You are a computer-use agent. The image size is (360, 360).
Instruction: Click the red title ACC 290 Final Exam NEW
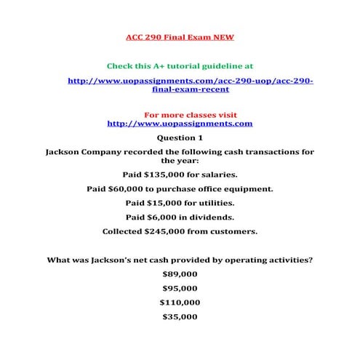click(x=180, y=36)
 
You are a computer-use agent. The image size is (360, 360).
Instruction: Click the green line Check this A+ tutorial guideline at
click(x=180, y=65)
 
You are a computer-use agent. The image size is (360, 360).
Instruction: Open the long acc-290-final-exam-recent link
click(x=191, y=84)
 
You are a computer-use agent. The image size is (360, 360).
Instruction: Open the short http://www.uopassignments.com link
click(x=180, y=124)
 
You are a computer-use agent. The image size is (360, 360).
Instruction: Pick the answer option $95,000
click(x=180, y=289)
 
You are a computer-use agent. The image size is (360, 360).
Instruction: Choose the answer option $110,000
click(x=180, y=303)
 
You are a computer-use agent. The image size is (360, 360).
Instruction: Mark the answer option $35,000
click(x=180, y=316)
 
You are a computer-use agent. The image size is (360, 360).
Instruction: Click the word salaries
click(x=217, y=175)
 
